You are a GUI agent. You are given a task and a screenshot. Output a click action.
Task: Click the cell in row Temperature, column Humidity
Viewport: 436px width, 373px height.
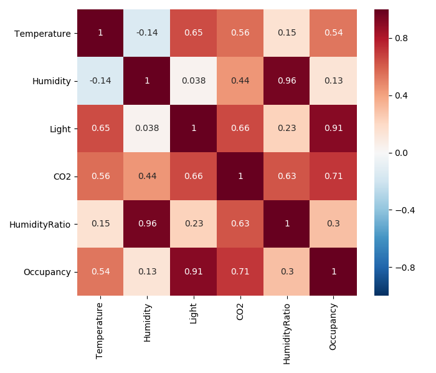[x=147, y=33]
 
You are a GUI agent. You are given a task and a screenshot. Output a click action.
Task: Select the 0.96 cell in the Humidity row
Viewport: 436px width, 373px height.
[x=287, y=80]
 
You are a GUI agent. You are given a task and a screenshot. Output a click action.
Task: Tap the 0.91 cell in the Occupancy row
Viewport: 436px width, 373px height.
[x=194, y=271]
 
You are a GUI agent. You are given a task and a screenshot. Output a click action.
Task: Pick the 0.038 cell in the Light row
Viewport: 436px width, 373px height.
[x=147, y=128]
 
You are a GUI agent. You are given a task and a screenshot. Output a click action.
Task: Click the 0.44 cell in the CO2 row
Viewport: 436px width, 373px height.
[x=147, y=176]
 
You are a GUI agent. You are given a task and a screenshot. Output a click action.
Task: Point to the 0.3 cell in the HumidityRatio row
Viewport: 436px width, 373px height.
[x=334, y=223]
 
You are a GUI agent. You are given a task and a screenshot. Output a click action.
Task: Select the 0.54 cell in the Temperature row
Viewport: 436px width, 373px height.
[x=334, y=33]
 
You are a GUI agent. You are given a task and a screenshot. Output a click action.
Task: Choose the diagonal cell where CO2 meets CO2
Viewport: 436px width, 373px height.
[x=240, y=176]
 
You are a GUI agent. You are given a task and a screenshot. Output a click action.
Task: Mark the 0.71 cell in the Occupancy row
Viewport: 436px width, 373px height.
[x=240, y=271]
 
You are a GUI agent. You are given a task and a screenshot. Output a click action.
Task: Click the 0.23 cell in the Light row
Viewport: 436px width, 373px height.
[x=287, y=128]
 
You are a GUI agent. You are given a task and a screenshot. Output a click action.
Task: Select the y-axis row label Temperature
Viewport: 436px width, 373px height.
[x=43, y=33]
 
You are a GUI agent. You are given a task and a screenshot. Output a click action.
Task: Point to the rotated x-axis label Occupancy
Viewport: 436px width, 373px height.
[x=333, y=327]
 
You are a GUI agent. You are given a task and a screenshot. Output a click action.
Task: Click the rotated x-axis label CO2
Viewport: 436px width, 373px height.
[x=240, y=312]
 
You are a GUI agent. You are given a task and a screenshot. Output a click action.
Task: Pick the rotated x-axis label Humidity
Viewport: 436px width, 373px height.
[x=147, y=323]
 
